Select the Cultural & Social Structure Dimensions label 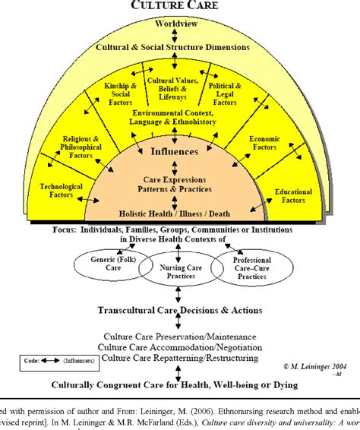pos(172,47)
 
